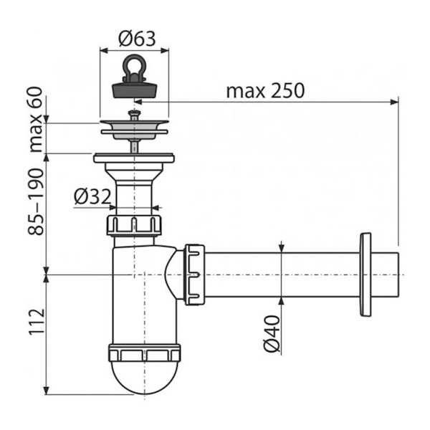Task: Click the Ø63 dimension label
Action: click(137, 39)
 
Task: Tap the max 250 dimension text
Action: click(265, 91)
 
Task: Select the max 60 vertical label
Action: click(36, 119)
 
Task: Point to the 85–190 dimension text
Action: click(36, 201)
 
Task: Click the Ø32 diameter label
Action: click(92, 196)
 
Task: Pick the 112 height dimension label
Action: click(37, 322)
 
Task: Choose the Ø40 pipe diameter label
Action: click(272, 333)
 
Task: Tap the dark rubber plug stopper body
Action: click(135, 90)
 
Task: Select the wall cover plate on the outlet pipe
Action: click(365, 274)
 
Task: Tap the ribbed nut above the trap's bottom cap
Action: click(145, 353)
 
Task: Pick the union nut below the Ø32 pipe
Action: click(134, 225)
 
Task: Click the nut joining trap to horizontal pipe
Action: click(194, 274)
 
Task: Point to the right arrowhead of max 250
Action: click(394, 102)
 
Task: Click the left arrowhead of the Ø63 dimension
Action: click(104, 50)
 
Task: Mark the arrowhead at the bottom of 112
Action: click(47, 391)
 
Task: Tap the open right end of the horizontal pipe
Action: click(398, 274)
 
